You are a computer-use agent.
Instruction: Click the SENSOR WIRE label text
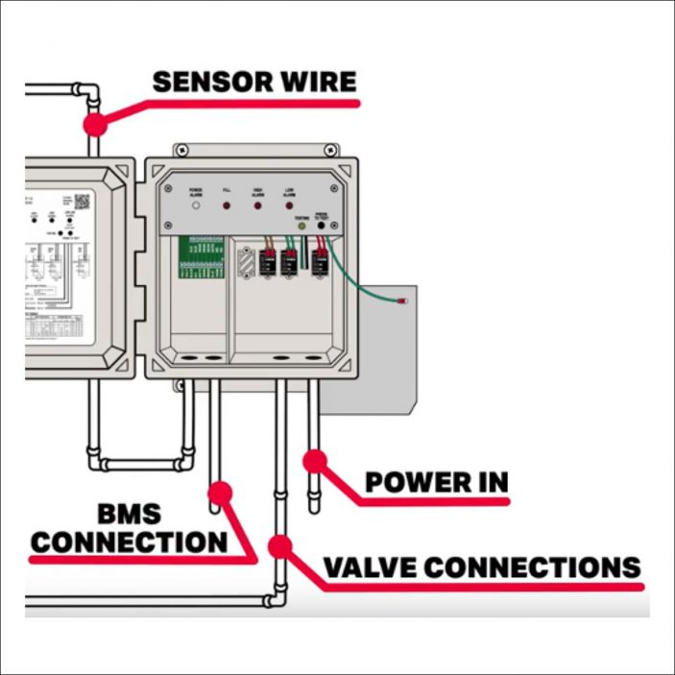(253, 82)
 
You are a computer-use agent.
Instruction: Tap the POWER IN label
(436, 482)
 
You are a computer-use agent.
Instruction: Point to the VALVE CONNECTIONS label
(481, 567)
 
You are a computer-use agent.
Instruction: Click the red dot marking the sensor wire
(94, 123)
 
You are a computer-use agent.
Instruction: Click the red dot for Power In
(315, 461)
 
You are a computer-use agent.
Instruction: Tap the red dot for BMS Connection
(220, 494)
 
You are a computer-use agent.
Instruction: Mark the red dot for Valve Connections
(279, 546)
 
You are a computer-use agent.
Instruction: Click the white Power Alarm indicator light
(196, 205)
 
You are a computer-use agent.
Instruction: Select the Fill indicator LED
(228, 205)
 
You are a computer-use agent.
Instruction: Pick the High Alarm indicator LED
(258, 205)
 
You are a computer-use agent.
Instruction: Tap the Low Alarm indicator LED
(289, 205)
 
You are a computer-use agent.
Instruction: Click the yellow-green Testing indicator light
(302, 228)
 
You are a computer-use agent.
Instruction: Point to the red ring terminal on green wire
(404, 301)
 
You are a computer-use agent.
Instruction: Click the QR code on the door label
(82, 202)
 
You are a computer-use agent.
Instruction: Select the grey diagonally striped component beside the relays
(246, 260)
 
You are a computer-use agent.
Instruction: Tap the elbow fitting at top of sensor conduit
(87, 92)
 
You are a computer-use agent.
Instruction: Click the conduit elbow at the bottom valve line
(274, 600)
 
